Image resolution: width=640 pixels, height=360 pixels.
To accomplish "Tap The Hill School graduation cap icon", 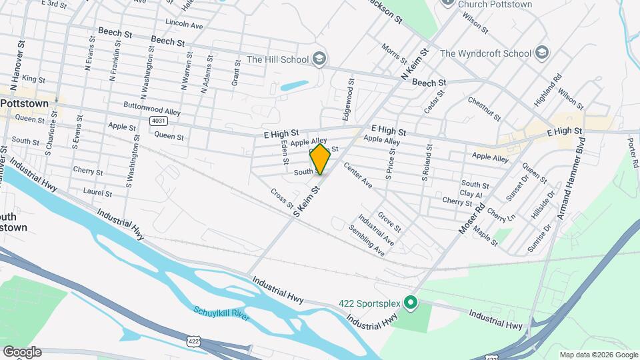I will [320, 59].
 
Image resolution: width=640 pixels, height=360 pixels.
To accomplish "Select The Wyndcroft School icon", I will [542, 53].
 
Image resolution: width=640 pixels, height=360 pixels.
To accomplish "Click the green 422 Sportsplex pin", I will [411, 304].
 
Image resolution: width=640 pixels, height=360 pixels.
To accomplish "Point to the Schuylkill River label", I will [221, 313].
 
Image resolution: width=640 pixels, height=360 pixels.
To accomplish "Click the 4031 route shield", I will [157, 121].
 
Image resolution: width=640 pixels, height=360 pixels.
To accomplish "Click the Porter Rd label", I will [633, 153].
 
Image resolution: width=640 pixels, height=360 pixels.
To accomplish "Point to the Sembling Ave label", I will [367, 240].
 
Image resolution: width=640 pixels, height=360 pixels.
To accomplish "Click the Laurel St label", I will [97, 192].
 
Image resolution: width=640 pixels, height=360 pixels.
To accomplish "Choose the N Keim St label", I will [413, 64].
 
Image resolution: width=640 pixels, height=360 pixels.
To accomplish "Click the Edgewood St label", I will [348, 101].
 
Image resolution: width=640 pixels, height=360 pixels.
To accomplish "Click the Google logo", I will [22, 352].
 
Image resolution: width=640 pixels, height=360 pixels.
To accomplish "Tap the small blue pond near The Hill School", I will [294, 86].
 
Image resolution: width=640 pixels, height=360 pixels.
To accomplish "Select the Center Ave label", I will [357, 175].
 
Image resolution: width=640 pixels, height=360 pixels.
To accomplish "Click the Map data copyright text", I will [597, 355].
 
